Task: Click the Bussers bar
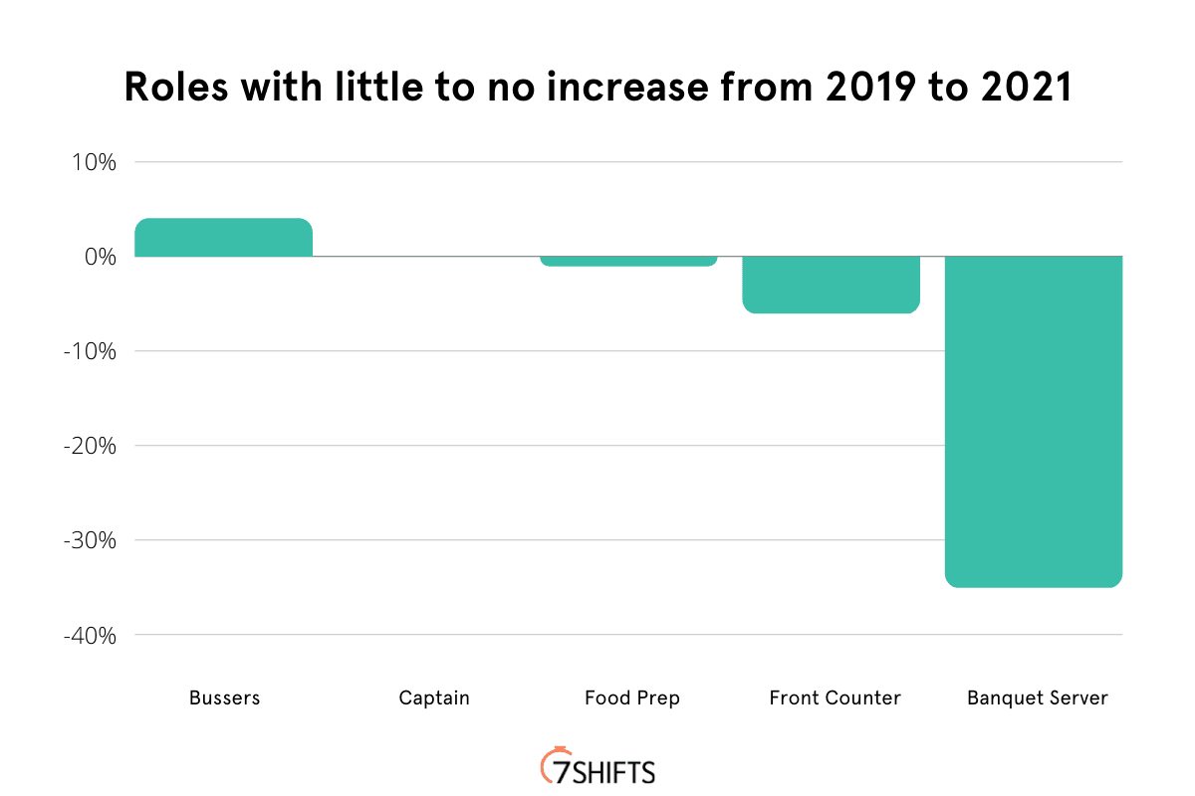coord(224,237)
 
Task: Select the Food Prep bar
coord(629,261)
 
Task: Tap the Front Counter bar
coord(832,285)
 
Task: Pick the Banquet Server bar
coord(1034,421)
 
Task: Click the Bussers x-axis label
coord(224,697)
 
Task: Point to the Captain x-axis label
coord(433,697)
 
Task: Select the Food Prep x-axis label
coord(632,697)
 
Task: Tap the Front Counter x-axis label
coord(835,697)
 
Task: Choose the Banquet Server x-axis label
coord(1037,697)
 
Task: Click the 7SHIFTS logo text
coord(607,771)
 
